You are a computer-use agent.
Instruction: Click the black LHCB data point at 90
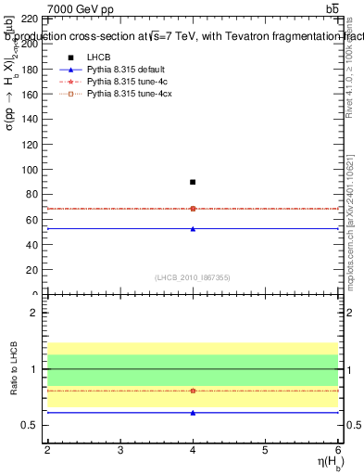(193, 182)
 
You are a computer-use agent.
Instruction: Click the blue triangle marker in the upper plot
(193, 228)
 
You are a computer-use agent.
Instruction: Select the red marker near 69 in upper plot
(193, 209)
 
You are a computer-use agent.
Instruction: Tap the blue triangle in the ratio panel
(193, 413)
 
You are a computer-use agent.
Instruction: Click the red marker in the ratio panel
(193, 391)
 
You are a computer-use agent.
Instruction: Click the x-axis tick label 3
(120, 450)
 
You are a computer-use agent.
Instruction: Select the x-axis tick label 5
(265, 450)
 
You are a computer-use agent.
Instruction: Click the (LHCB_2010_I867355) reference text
(193, 278)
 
